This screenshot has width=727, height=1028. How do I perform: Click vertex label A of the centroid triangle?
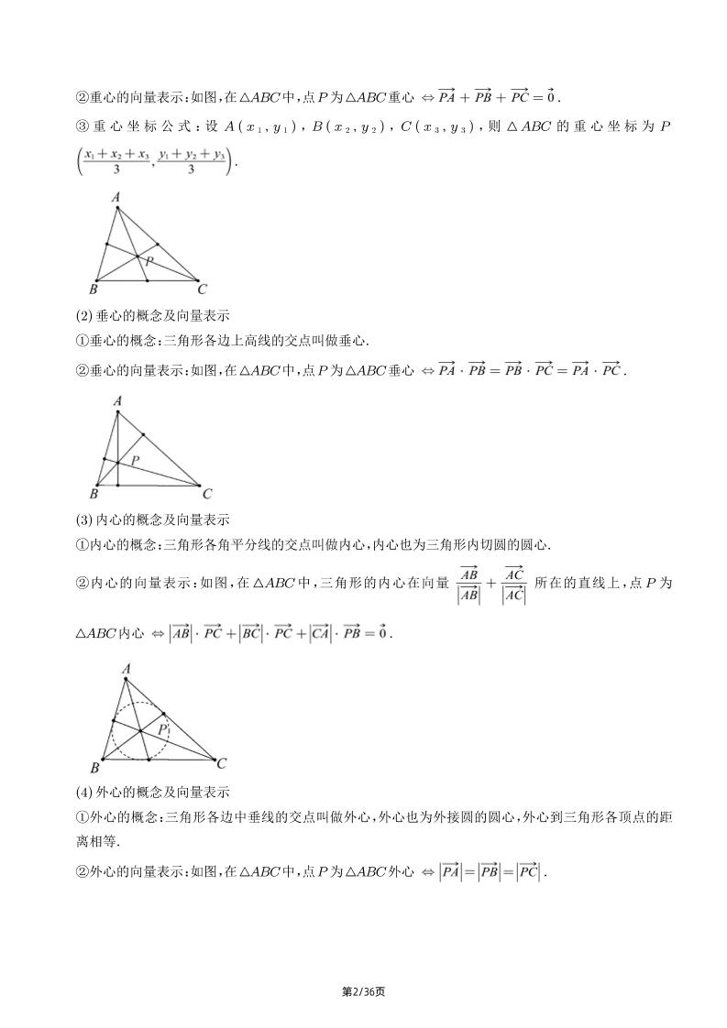pos(116,197)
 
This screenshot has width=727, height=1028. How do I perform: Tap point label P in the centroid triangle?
pos(149,262)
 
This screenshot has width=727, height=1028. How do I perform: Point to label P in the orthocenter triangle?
pos(135,459)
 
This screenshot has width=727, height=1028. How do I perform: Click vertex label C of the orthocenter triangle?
pos(207,494)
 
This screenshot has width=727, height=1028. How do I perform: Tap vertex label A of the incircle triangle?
pos(126,670)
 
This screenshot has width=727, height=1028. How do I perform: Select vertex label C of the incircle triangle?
pos(222,762)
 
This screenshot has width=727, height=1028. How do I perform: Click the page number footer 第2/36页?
pos(363,991)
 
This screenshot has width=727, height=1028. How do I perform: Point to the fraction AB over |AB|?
pos(469,584)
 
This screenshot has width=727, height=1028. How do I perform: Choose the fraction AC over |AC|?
pos(513,584)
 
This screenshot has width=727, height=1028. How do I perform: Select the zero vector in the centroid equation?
pos(551,95)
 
